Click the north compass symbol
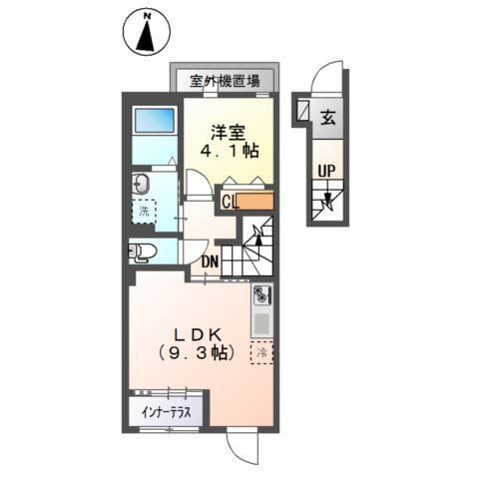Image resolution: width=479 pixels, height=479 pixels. coord(147,32)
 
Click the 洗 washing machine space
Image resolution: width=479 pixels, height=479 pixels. coord(145,212)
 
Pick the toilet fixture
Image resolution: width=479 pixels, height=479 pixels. coord(140,251)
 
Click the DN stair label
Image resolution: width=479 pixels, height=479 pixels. coord(210,262)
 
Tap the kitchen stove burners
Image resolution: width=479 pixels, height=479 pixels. coord(262,295)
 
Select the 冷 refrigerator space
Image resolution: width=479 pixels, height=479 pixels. coord(262,352)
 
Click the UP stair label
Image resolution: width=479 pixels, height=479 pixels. coord(326,171)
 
